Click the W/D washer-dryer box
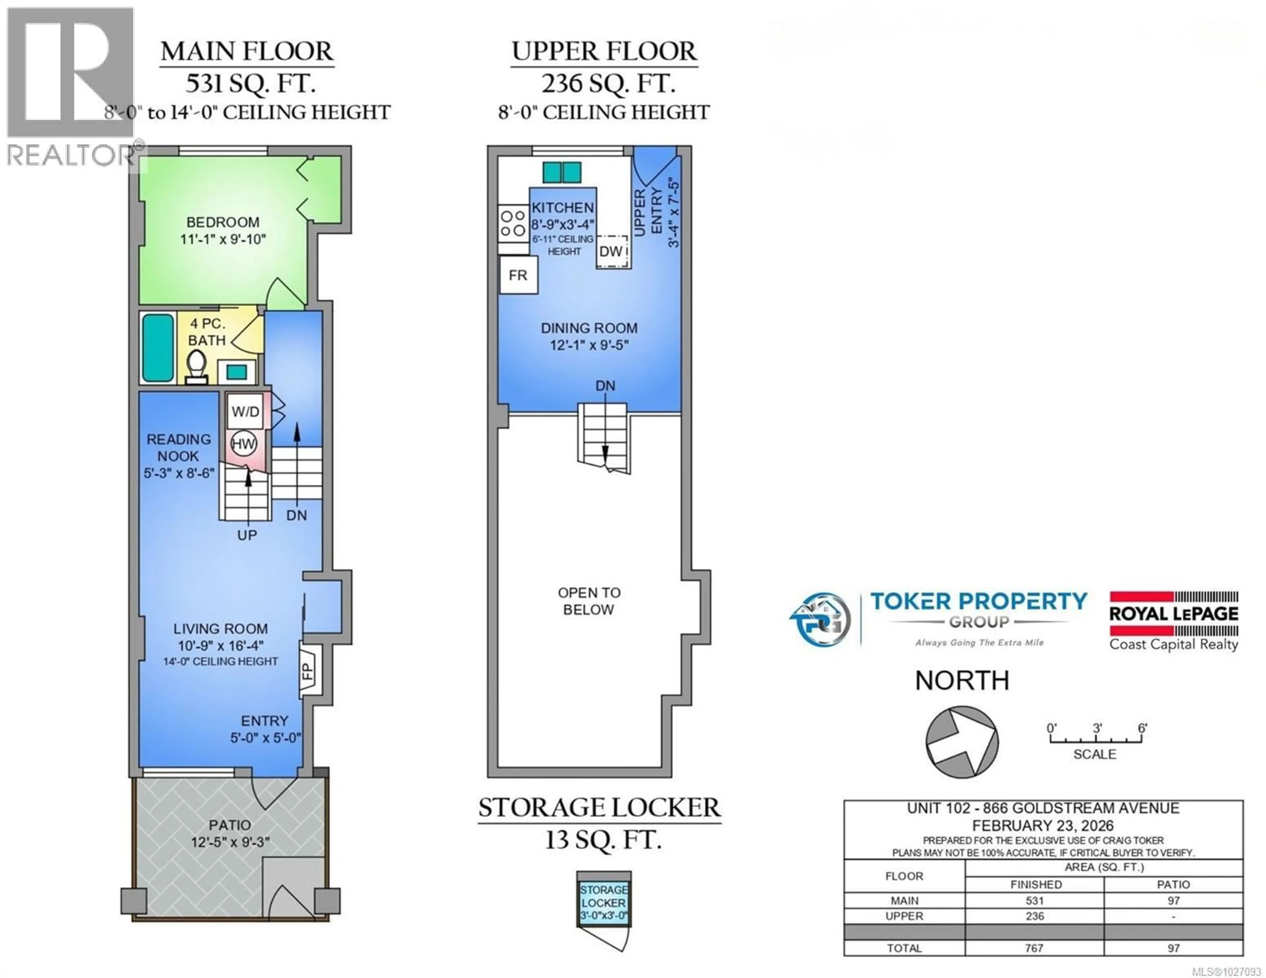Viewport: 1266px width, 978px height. (245, 412)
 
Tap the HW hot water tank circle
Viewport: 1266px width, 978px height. (243, 444)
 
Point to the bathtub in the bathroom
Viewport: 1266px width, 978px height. (158, 348)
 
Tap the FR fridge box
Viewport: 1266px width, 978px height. (518, 275)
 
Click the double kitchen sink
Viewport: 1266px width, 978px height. (562, 172)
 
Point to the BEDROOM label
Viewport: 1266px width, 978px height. (223, 222)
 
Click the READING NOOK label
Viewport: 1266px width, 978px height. (179, 448)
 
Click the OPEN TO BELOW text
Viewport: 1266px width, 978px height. (589, 601)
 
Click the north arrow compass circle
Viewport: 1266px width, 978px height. (962, 741)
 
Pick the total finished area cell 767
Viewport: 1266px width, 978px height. (1034, 948)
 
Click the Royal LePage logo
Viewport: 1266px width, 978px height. (1173, 620)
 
